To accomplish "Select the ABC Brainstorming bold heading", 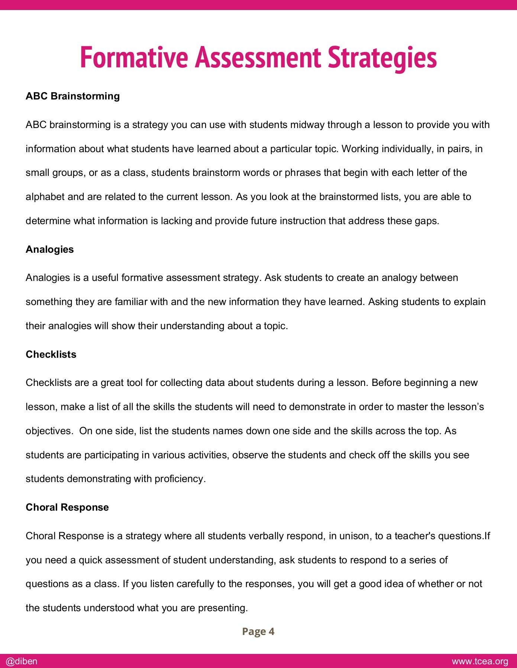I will (x=73, y=96).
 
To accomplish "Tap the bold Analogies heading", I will (x=50, y=249).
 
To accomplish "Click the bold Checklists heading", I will (x=51, y=354).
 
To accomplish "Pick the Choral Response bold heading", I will (x=67, y=507).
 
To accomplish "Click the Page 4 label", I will (x=258, y=631).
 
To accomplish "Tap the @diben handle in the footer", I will (x=22, y=661).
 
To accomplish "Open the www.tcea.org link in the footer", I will (x=480, y=661).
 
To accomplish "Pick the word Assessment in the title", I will (x=258, y=58).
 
